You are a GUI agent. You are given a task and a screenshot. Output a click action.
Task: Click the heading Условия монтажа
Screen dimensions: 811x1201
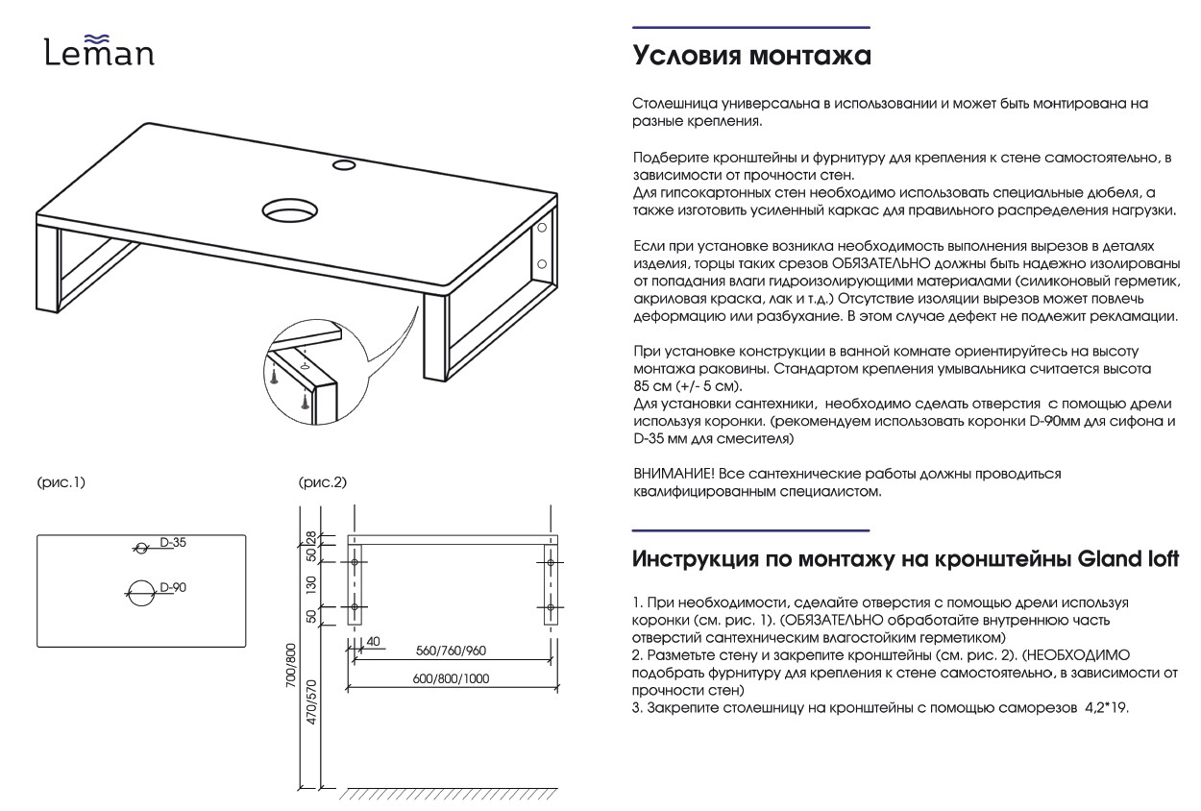click(751, 57)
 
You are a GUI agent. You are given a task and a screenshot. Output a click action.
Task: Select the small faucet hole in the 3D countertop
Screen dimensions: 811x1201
click(343, 165)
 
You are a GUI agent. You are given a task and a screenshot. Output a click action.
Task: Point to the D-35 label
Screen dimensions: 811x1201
click(173, 543)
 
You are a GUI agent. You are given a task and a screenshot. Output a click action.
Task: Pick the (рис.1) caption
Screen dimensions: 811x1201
click(61, 482)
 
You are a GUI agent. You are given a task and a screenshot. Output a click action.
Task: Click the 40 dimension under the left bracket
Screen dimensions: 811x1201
click(373, 641)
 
